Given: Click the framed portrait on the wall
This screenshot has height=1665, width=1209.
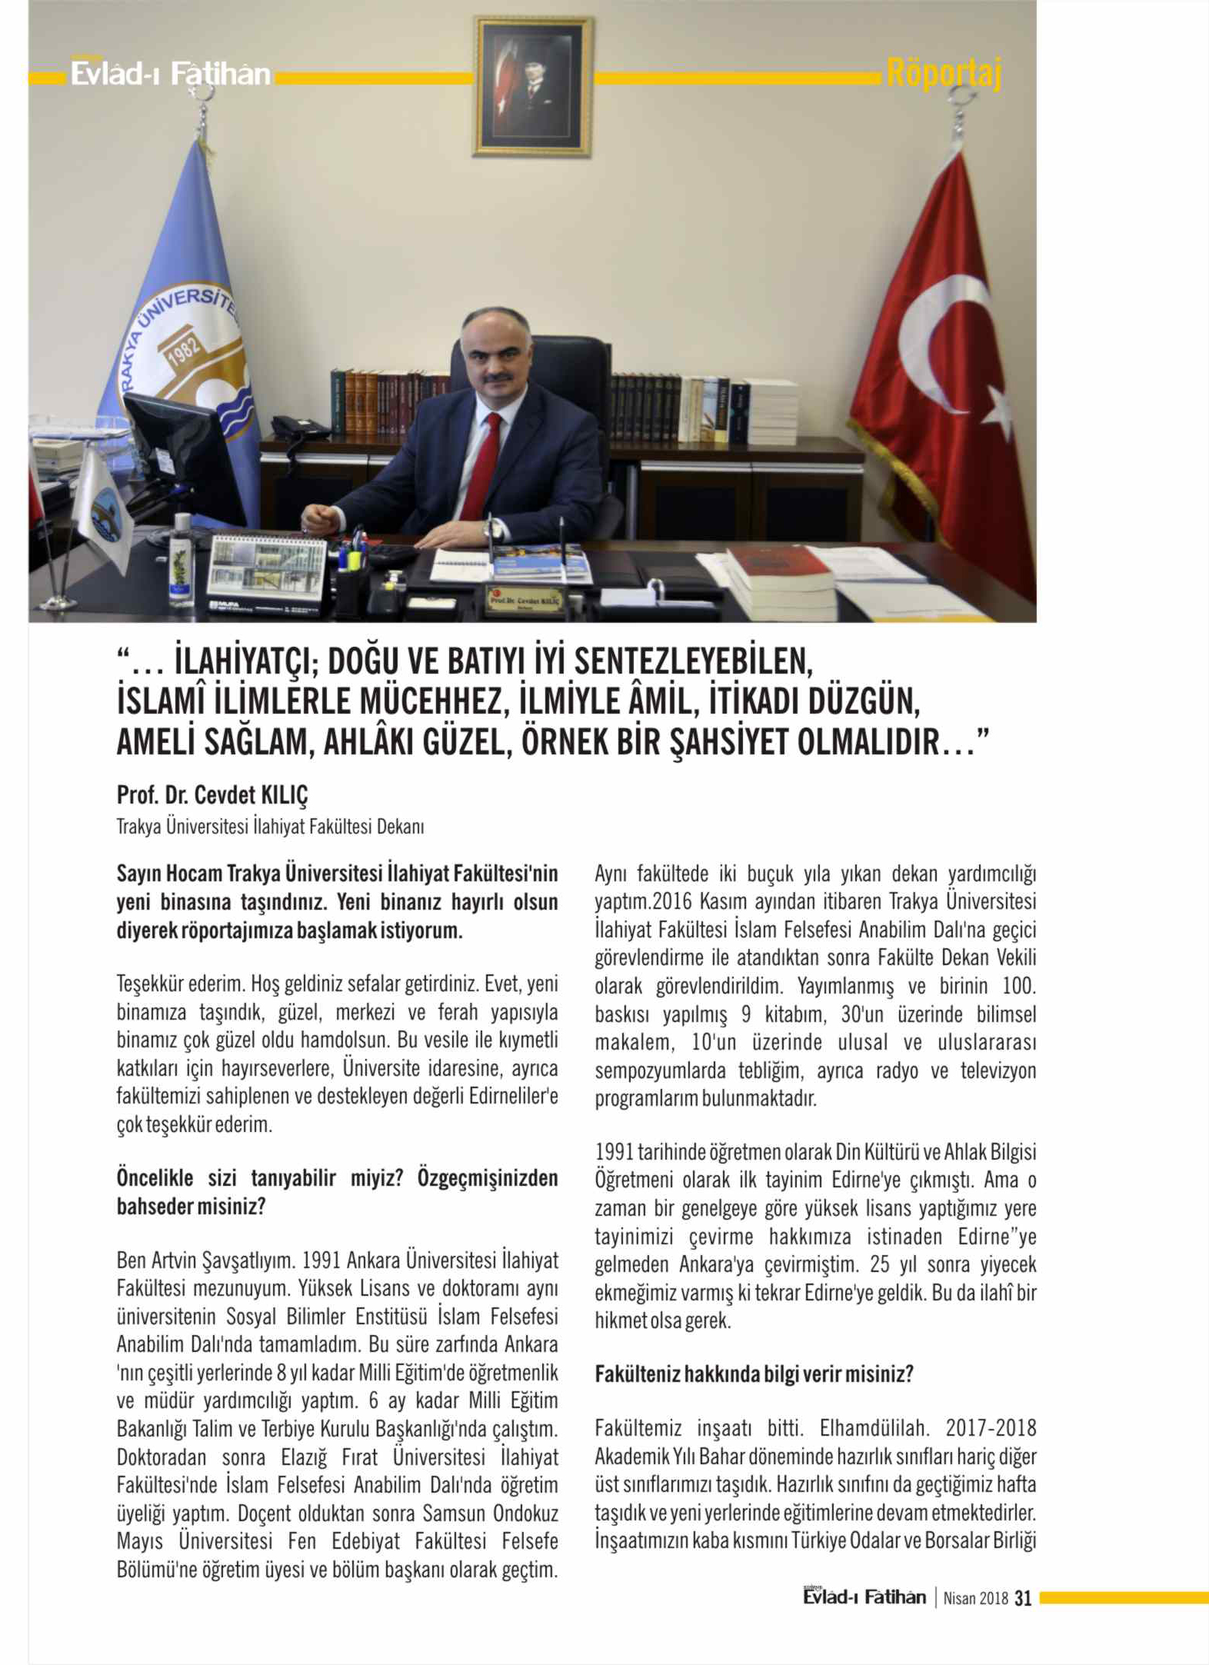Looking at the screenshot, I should (x=533, y=86).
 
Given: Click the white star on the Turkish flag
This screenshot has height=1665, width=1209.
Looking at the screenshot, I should (x=999, y=408).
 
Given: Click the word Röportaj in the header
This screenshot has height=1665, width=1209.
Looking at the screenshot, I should (x=944, y=73).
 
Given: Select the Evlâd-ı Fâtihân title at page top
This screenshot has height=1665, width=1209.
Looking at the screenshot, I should (x=170, y=74).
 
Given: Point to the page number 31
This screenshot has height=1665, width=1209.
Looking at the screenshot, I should (x=1022, y=1598).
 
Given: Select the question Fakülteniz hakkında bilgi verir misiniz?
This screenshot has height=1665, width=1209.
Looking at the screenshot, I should (x=754, y=1374).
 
